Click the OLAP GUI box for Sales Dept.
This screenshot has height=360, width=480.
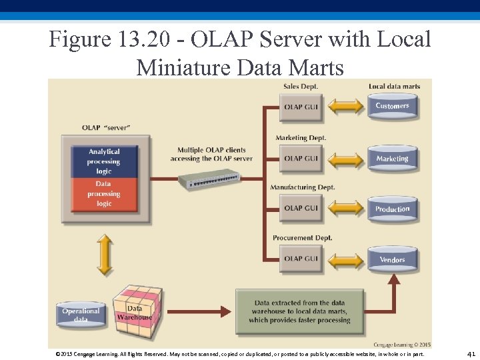click(301, 107)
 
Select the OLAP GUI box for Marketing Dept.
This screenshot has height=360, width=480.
click(301, 159)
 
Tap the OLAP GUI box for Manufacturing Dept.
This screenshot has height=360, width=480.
click(301, 208)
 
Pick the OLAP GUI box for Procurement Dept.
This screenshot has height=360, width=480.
click(301, 259)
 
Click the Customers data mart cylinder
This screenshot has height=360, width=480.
click(392, 106)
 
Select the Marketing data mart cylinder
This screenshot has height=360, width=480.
click(392, 158)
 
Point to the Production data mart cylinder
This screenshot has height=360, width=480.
click(392, 209)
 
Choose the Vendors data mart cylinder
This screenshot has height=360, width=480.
click(392, 259)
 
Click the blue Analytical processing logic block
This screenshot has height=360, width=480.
click(104, 161)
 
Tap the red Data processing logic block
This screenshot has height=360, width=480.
click(104, 194)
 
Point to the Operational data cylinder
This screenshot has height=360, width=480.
click(81, 314)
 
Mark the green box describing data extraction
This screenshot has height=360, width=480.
click(300, 311)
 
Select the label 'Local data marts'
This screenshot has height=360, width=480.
click(395, 87)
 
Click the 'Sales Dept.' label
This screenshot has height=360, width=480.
click(301, 87)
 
